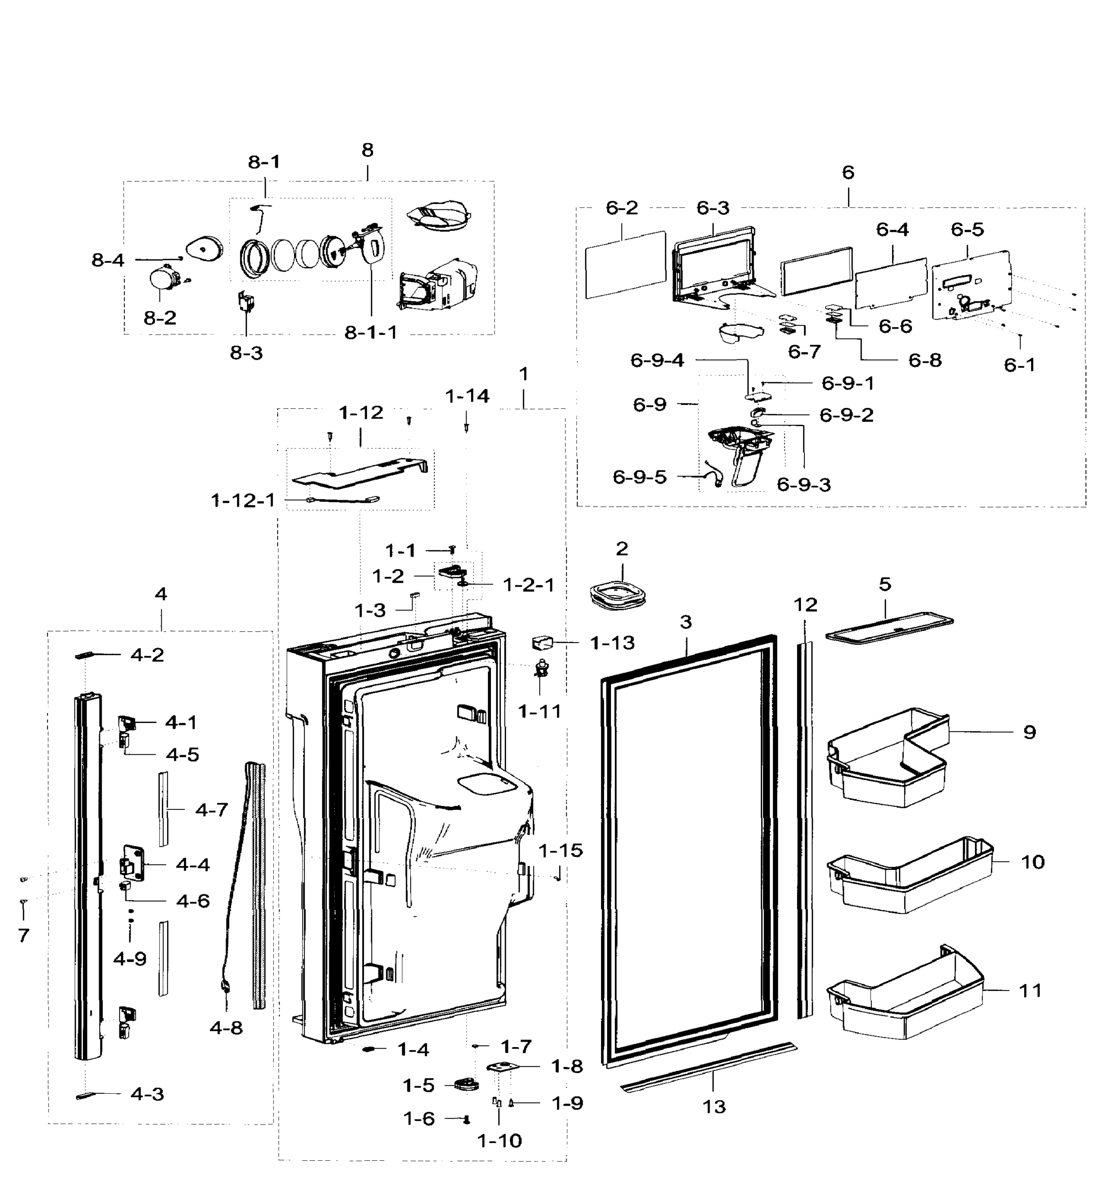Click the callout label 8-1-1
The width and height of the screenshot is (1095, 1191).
pyautogui.click(x=371, y=332)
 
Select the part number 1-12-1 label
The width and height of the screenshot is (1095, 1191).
pyautogui.click(x=243, y=500)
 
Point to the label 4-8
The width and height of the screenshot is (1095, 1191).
pyautogui.click(x=226, y=1027)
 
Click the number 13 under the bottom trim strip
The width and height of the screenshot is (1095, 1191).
pyautogui.click(x=714, y=1106)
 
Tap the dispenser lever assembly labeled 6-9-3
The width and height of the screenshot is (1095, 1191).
pyautogui.click(x=743, y=457)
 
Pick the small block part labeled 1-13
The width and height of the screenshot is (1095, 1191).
pyautogui.click(x=542, y=643)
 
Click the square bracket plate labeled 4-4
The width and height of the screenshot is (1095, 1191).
pyautogui.click(x=133, y=864)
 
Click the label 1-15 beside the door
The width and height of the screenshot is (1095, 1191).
pyautogui.click(x=560, y=850)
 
